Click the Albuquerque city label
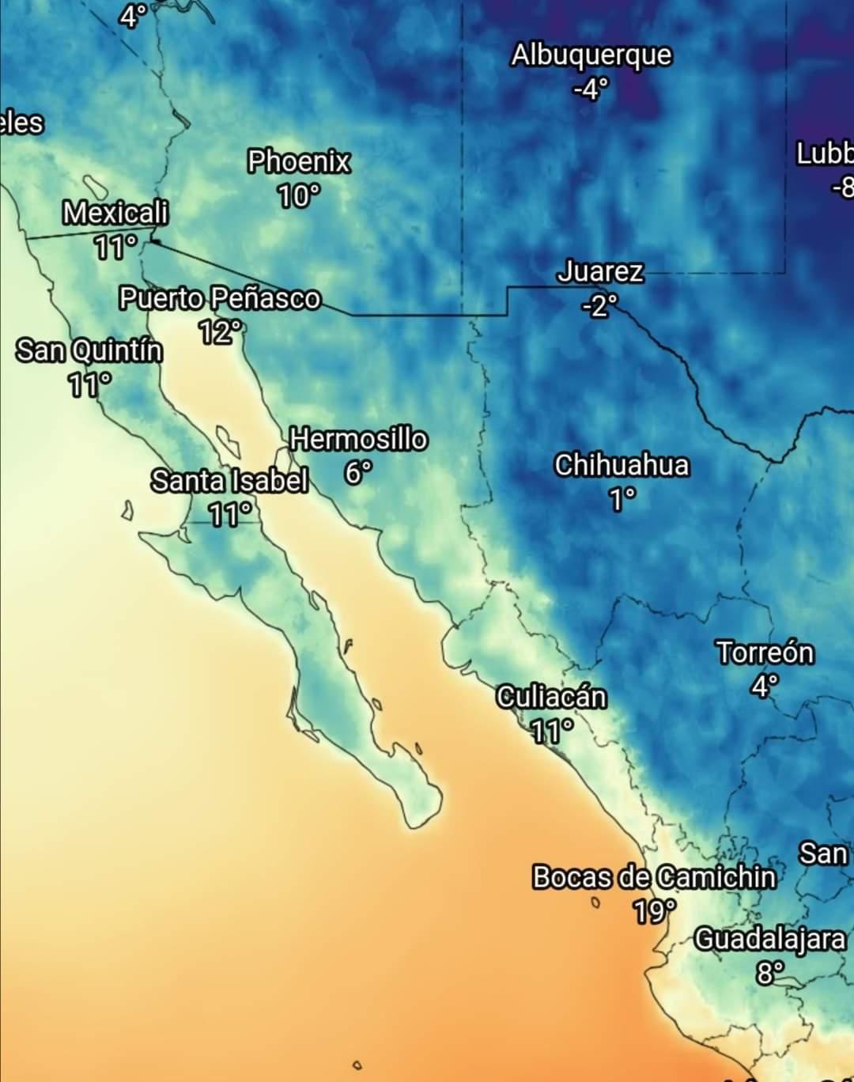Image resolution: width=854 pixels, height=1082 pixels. [591, 55]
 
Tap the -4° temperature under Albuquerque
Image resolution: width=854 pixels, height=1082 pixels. [591, 89]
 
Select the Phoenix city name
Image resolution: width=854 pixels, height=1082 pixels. [299, 161]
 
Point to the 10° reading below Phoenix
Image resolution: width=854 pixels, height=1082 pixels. [298, 195]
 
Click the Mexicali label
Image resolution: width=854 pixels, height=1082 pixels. [115, 212]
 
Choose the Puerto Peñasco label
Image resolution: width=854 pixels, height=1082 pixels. [220, 298]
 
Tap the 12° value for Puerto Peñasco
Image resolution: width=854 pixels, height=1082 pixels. [219, 332]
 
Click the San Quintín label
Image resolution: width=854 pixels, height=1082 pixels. [90, 350]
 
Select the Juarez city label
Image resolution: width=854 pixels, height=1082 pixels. [600, 271]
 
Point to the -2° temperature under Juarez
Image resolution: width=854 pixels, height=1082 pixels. [599, 305]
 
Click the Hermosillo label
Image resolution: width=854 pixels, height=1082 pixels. [359, 438]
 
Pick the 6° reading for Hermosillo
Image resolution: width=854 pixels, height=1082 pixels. [357, 472]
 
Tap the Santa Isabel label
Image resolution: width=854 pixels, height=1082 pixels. [229, 480]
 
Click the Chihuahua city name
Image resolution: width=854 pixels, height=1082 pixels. [622, 465]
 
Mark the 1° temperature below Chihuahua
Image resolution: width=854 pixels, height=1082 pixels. [622, 499]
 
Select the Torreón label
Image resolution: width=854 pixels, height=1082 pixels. [765, 653]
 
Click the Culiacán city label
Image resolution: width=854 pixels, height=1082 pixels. [552, 697]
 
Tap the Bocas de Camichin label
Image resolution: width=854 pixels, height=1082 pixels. [654, 877]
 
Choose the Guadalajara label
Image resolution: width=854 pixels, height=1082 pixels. [770, 939]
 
